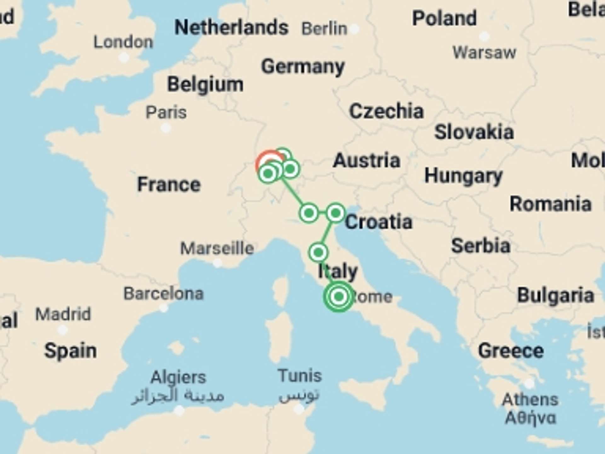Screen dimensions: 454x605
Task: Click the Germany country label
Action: coord(303,67)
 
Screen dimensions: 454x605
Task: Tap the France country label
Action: coord(169,184)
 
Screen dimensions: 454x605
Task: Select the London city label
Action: coord(123,42)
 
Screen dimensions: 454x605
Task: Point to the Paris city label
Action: coord(166,113)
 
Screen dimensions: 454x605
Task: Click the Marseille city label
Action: coord(217,248)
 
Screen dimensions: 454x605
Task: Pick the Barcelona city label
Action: coord(164,294)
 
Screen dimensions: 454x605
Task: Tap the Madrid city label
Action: coord(63,314)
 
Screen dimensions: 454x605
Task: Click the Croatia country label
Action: coord(378,222)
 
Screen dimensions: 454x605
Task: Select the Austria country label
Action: coord(366,160)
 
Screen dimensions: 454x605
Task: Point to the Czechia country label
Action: coord(386,111)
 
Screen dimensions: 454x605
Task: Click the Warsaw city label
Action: coord(484,53)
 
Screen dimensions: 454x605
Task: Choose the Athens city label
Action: coord(530,400)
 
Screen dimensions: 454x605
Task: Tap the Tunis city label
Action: coord(300,376)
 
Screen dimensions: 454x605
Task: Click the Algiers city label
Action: coord(178,377)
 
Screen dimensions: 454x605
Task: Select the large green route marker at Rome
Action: coord(339,296)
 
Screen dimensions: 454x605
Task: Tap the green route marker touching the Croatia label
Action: coord(336,213)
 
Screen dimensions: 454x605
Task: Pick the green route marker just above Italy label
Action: coord(318,252)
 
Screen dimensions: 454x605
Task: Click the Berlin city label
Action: coord(324,29)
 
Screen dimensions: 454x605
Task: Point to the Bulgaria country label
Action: coord(556,295)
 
